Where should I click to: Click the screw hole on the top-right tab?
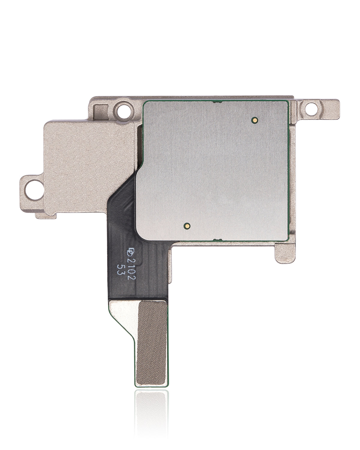pos(314,106)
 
